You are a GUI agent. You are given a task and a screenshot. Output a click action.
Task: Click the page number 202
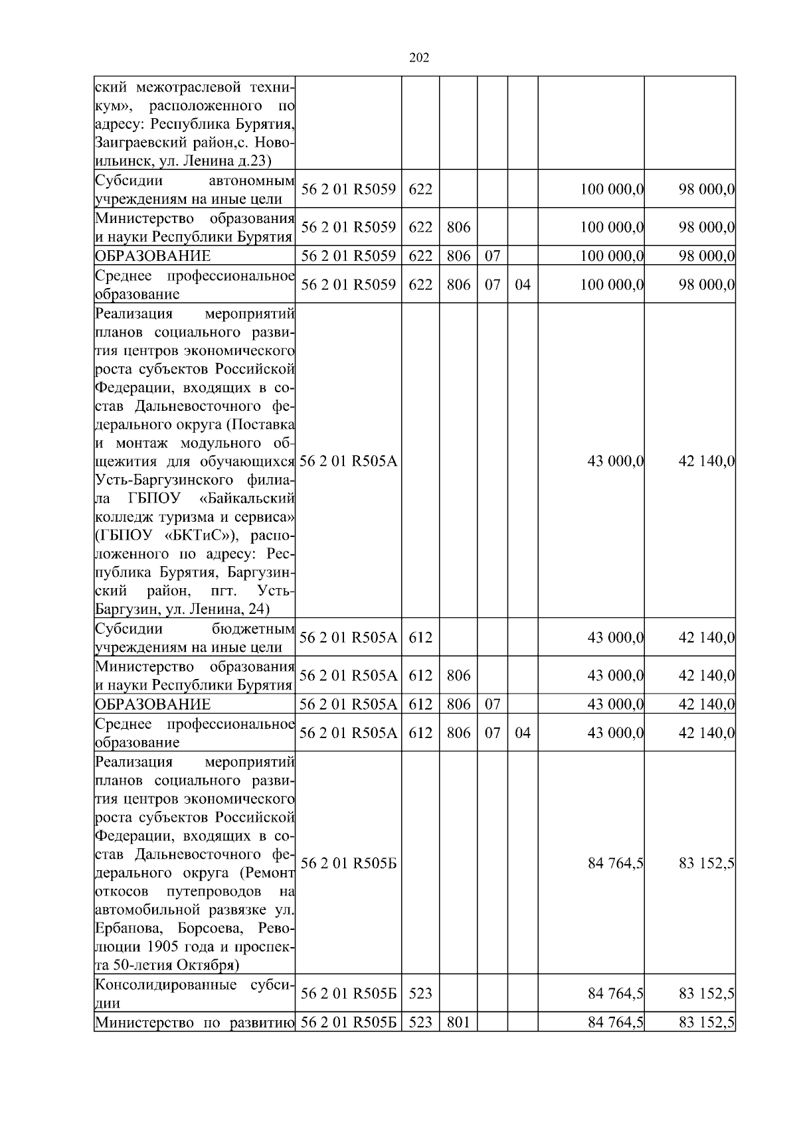[418, 58]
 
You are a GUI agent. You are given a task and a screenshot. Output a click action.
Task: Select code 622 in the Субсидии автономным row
[420, 189]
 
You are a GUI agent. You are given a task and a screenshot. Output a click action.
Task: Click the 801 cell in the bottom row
[458, 1022]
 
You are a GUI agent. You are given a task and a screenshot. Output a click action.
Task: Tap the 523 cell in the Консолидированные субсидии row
[420, 994]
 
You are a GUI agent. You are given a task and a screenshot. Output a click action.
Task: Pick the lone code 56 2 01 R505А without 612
[348, 461]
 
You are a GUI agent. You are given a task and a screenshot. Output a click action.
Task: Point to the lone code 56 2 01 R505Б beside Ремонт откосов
[348, 864]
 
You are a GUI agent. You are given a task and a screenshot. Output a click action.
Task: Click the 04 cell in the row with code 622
[523, 285]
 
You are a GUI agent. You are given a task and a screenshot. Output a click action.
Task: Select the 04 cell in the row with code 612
[523, 733]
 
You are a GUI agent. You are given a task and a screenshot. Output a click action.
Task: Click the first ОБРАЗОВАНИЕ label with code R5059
[153, 256]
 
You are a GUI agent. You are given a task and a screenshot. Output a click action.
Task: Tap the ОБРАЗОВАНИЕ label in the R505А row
[153, 704]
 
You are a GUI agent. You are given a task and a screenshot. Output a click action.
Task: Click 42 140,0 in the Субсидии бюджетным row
[706, 638]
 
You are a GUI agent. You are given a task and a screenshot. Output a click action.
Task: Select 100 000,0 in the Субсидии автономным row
[612, 189]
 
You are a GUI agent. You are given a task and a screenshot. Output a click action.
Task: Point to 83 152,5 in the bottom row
[706, 1022]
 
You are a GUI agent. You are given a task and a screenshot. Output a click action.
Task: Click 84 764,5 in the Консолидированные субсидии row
[616, 994]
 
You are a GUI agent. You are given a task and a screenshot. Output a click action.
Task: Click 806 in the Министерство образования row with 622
[458, 228]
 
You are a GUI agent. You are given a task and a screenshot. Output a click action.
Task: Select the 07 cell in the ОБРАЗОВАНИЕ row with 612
[492, 704]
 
